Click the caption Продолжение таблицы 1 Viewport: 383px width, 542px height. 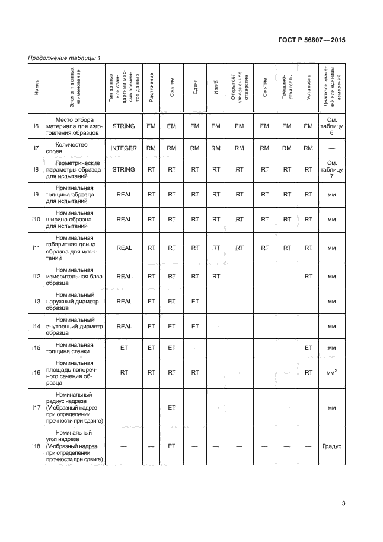coord(65,58)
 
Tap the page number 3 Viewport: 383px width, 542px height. coord(344,505)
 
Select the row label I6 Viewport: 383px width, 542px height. coord(36,126)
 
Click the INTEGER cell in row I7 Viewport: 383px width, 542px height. coord(124,148)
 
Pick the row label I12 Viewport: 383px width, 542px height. coord(36,276)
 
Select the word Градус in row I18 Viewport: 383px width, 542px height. coord(331,446)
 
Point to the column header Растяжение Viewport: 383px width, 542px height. coord(152,87)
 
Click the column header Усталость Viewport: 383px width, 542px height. coord(308,87)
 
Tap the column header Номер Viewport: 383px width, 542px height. coord(36,87)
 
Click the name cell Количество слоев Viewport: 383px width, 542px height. coord(75,148)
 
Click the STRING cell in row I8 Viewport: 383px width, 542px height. coord(124,169)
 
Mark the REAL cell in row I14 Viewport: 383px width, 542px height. coord(124,326)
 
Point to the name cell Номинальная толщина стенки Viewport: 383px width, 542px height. coord(75,347)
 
